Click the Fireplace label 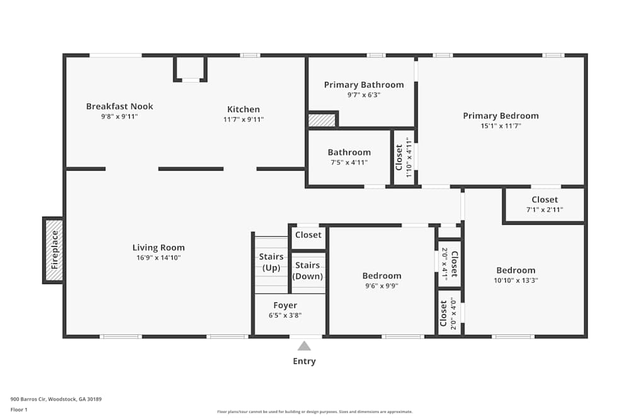click(55, 250)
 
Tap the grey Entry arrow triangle click(304, 346)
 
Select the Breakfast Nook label click(119, 106)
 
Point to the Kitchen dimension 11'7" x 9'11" click(243, 119)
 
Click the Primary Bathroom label click(364, 85)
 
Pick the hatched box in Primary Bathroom click(322, 120)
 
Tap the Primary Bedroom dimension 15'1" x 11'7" click(501, 126)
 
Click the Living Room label click(159, 247)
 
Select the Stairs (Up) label click(271, 262)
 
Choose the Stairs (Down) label click(308, 271)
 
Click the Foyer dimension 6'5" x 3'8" click(285, 315)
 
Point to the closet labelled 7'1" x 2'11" click(544, 204)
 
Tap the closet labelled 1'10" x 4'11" click(404, 157)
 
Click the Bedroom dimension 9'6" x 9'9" click(382, 286)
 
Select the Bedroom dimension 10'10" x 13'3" click(516, 280)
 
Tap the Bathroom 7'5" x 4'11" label click(349, 157)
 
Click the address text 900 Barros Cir click(28, 399)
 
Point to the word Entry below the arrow click(304, 361)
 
